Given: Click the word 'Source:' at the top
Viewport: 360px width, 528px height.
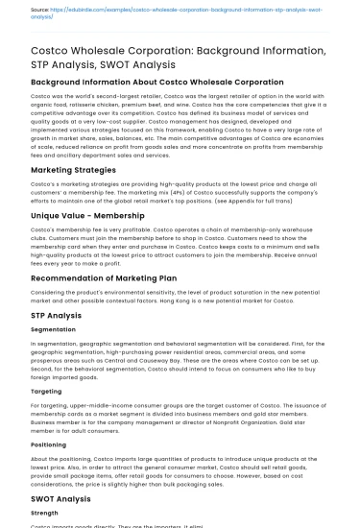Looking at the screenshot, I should (40, 10).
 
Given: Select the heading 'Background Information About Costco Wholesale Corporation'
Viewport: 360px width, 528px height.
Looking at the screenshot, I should (144, 83).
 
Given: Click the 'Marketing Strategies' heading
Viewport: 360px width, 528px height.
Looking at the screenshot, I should (73, 169).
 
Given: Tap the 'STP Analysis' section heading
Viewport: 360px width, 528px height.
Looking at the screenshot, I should (56, 314).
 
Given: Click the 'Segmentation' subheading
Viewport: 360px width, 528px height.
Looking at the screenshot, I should (53, 329).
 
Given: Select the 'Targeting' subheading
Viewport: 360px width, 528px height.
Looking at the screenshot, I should (46, 391).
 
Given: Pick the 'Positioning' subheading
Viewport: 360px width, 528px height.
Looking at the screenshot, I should (49, 444).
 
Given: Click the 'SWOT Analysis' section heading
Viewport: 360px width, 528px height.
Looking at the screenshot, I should (61, 498).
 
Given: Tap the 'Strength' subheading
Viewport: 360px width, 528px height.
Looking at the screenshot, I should (45, 514).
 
